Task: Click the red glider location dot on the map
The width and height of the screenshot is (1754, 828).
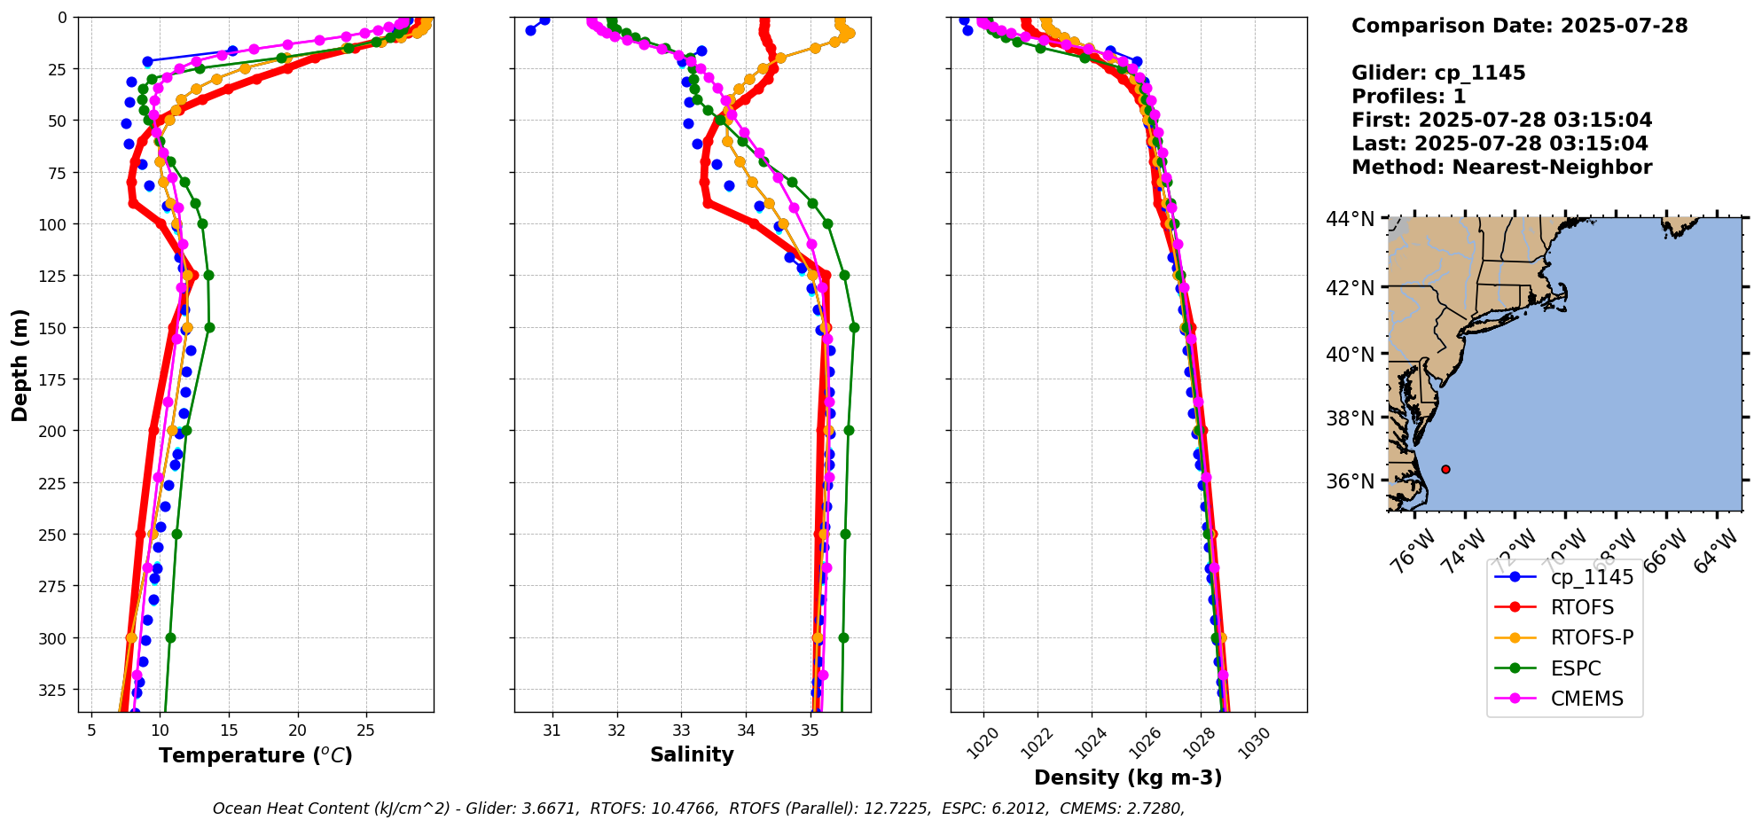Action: [1445, 469]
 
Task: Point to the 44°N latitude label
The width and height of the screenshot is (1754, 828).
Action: [1350, 219]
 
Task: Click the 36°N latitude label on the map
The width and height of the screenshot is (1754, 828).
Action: [1350, 481]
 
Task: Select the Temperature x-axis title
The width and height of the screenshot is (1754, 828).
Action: [255, 755]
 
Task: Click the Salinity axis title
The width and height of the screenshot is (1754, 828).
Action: [692, 754]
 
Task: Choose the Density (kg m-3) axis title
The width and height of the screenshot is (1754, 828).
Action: [1128, 777]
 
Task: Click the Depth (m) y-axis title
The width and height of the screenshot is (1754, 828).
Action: [20, 364]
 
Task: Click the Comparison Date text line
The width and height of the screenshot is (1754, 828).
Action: [1519, 26]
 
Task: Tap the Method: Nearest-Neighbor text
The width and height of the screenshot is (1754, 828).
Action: [1501, 168]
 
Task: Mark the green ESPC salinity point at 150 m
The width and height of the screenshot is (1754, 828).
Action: [854, 327]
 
